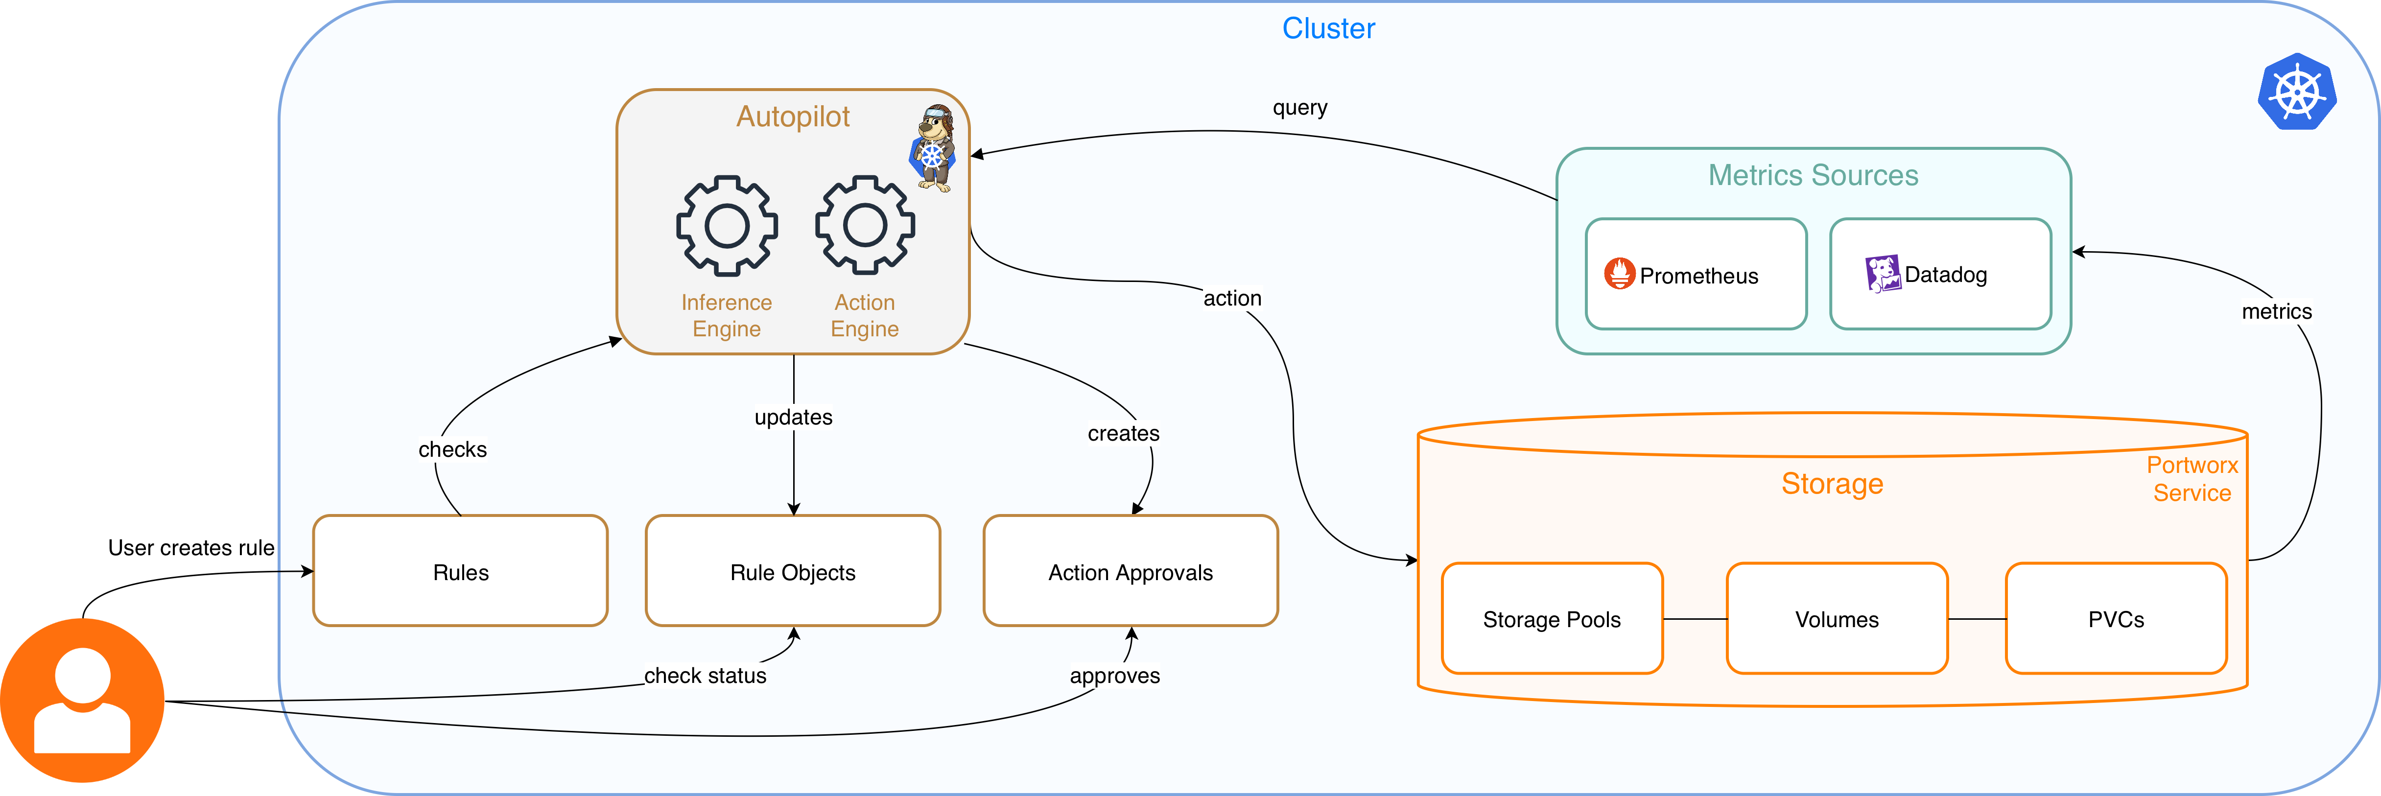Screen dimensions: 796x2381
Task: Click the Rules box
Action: click(460, 571)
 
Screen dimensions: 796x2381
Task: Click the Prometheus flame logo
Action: click(1619, 274)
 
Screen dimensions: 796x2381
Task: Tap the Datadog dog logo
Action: click(1882, 274)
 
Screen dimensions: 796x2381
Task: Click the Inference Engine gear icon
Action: click(727, 226)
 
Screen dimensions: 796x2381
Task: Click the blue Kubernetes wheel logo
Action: click(2297, 93)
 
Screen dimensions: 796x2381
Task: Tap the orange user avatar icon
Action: click(82, 700)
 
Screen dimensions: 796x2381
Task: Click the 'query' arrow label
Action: click(1299, 107)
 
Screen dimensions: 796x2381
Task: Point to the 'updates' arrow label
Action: click(793, 417)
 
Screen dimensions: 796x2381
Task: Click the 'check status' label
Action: click(705, 676)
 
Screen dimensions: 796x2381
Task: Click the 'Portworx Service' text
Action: click(2192, 479)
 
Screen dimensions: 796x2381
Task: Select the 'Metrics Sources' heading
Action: click(1813, 175)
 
